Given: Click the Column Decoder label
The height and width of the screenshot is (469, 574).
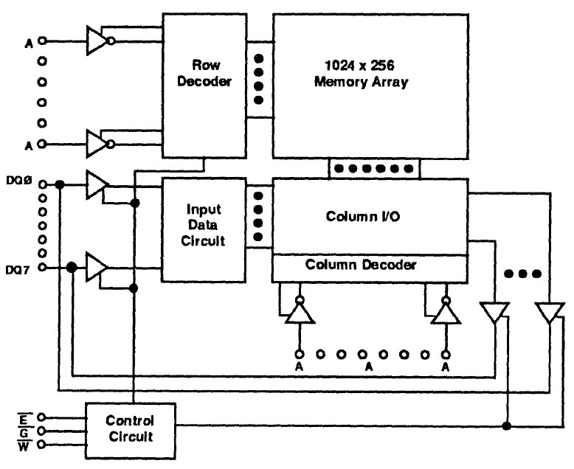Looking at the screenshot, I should (x=370, y=264).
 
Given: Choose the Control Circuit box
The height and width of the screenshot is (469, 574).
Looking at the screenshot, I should (x=130, y=428).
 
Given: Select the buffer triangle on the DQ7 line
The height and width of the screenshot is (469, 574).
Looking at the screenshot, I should (x=96, y=266).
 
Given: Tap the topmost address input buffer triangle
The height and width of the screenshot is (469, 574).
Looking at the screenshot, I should (x=96, y=41).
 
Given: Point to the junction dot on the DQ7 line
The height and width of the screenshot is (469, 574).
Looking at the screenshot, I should (x=72, y=267).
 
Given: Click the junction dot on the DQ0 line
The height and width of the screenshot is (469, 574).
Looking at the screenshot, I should (x=59, y=184).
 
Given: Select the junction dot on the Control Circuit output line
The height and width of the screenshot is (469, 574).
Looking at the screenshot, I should (x=506, y=425).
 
